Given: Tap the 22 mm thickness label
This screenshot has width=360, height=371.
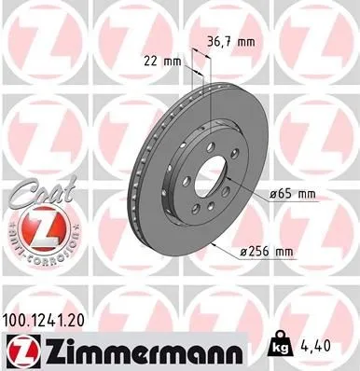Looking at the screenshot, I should tap(162, 62).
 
